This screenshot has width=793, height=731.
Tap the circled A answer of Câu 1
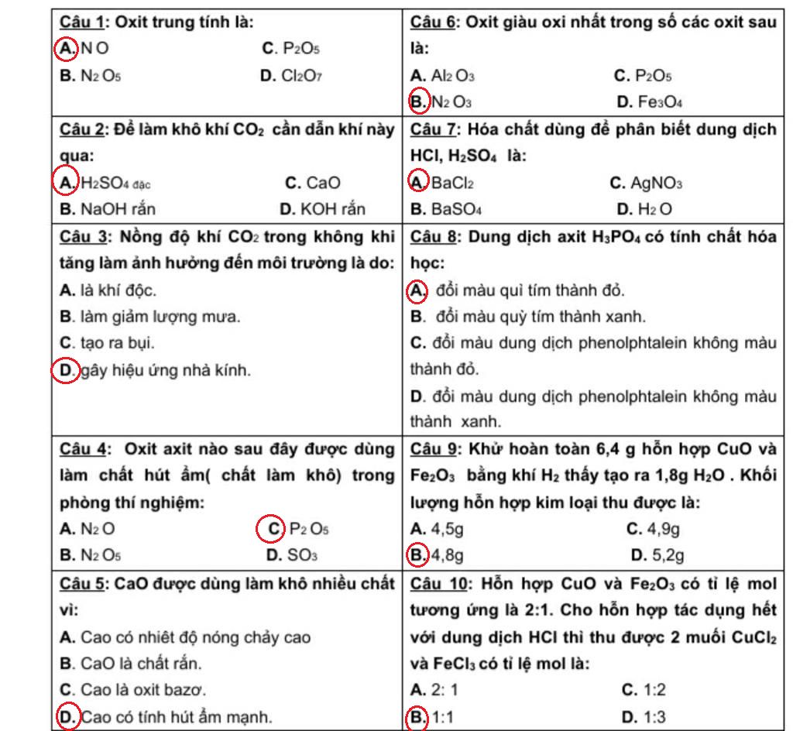point(67,49)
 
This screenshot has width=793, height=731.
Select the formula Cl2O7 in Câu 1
point(302,76)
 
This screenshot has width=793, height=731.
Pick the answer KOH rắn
point(333,209)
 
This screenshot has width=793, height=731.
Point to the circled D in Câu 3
point(67,371)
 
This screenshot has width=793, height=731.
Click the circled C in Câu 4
point(270,529)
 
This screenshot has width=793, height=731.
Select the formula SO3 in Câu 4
point(303,555)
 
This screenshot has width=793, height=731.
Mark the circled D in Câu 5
point(68,717)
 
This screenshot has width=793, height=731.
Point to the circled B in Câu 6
point(418,101)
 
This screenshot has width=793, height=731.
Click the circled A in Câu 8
point(418,291)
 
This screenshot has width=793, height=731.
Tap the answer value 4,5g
point(447,529)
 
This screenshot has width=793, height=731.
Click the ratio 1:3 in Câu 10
point(658,717)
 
